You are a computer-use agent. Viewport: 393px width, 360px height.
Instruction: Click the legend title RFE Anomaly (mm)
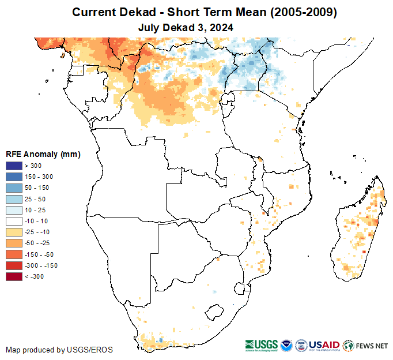tap(43, 155)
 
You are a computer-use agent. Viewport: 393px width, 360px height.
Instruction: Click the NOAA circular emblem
tap(286, 345)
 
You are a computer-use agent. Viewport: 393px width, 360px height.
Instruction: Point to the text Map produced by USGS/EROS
tap(59, 350)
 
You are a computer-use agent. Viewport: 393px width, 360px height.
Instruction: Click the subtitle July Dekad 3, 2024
tap(186, 27)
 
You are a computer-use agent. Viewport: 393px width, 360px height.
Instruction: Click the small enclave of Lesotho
tap(214, 312)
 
